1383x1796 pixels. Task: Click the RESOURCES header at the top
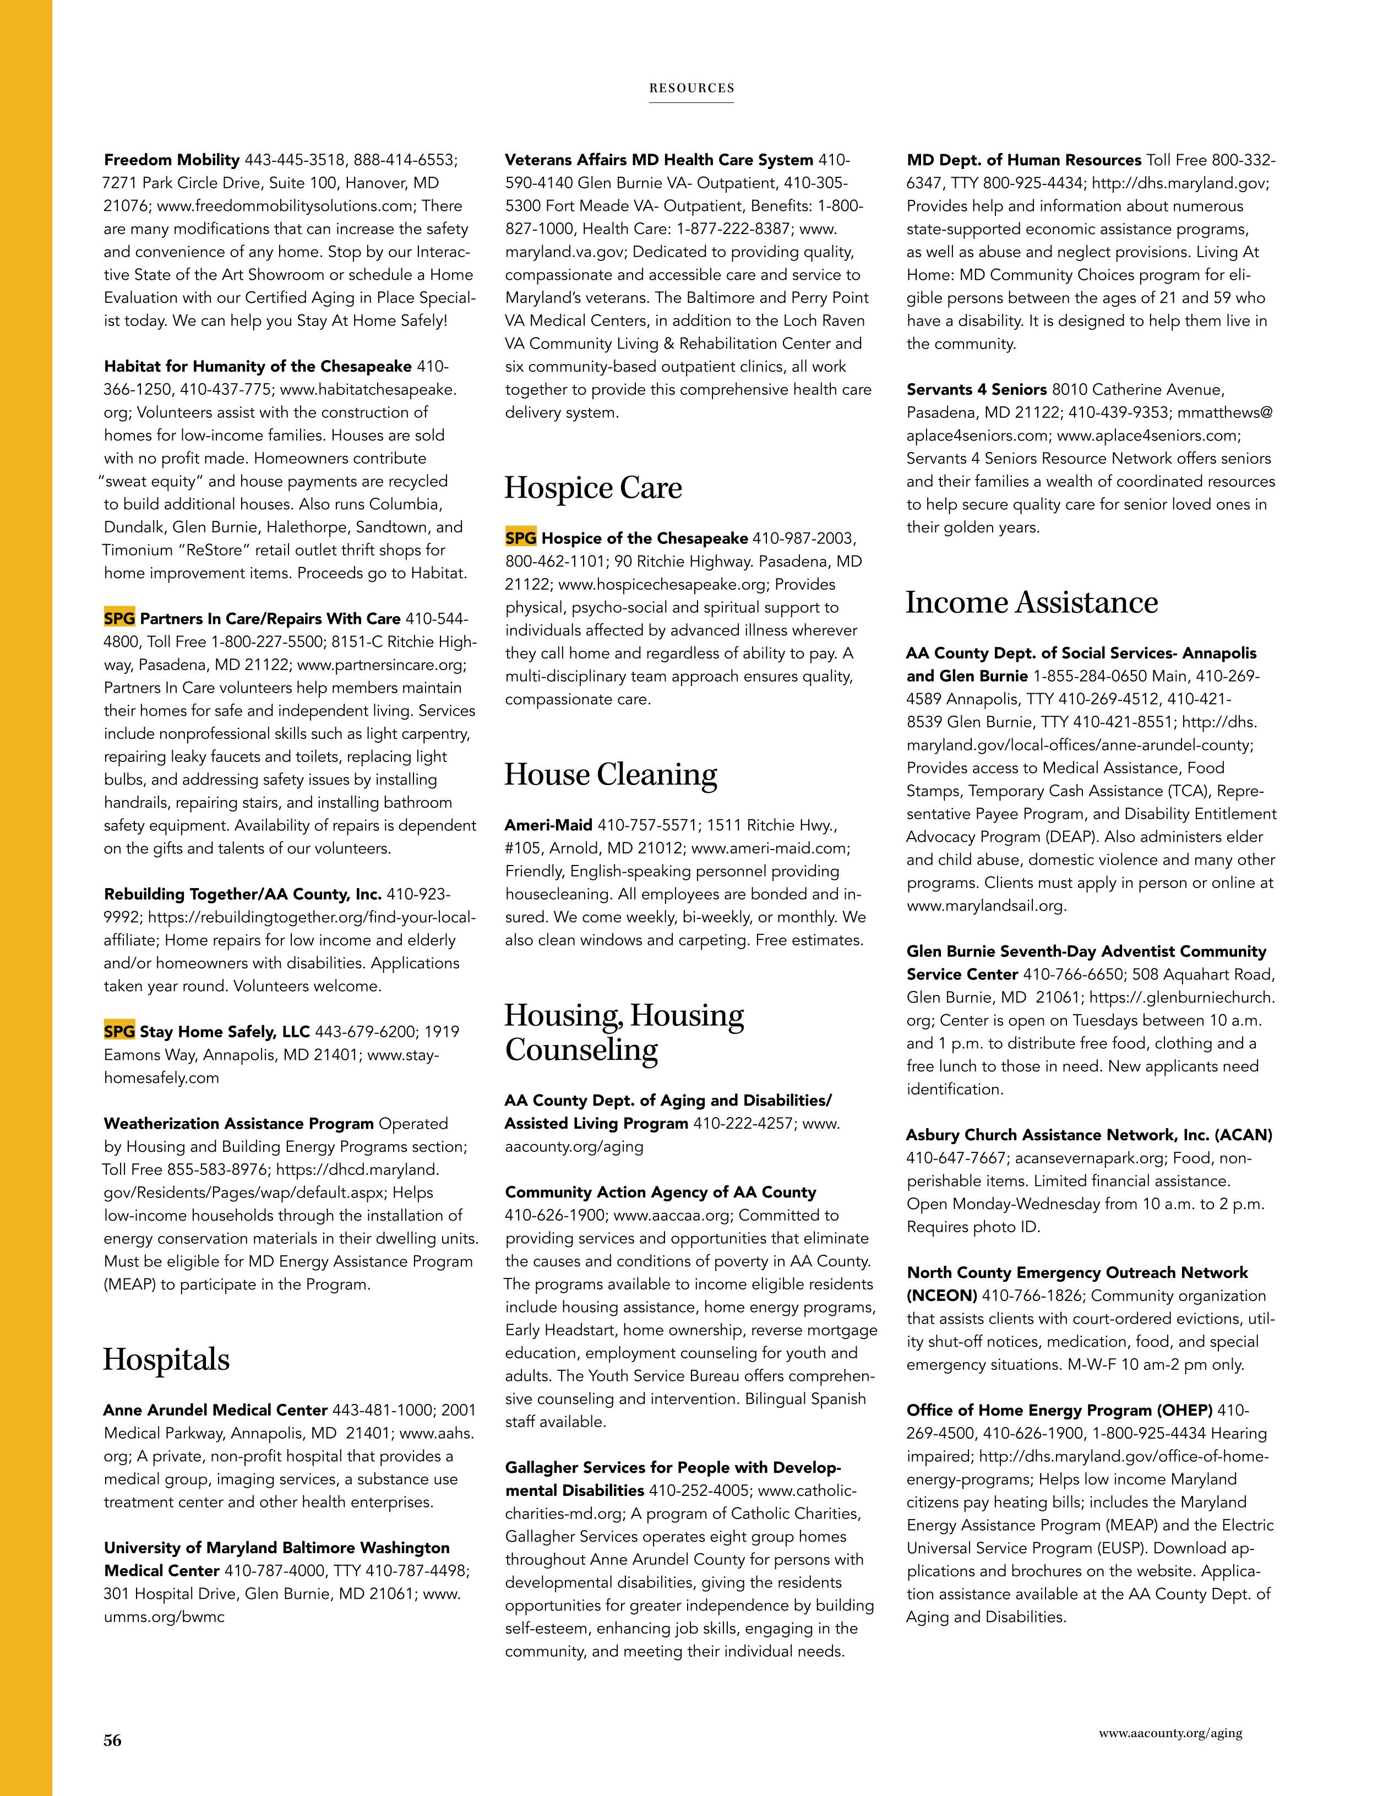tap(691, 88)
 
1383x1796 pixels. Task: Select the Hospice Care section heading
tap(593, 488)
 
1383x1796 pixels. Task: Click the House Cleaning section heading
tap(610, 775)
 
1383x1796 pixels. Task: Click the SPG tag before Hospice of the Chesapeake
tap(520, 538)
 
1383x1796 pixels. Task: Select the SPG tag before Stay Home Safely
tap(119, 1031)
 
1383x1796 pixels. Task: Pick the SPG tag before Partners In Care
tap(119, 618)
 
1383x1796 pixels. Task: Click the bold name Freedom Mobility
tap(172, 160)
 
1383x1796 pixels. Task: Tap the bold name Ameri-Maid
tap(548, 825)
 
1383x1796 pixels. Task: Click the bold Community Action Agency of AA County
tap(660, 1193)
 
